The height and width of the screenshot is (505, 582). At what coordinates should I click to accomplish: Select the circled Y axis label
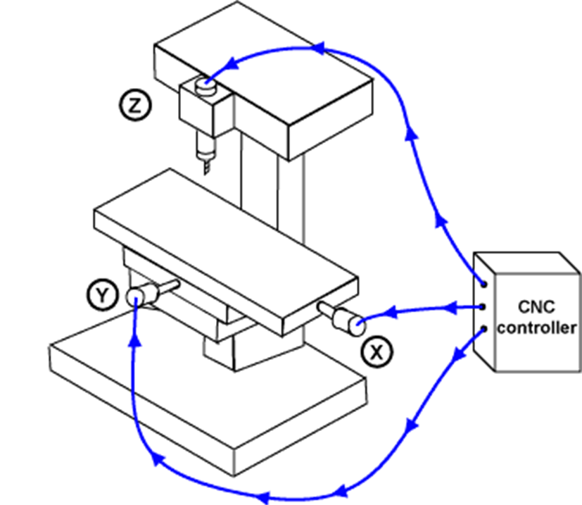[x=101, y=295]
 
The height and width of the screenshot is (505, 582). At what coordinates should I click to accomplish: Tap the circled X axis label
[x=378, y=350]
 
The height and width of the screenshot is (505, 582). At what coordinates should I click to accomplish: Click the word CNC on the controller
[x=538, y=307]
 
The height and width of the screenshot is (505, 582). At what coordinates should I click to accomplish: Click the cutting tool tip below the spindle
[x=205, y=167]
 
